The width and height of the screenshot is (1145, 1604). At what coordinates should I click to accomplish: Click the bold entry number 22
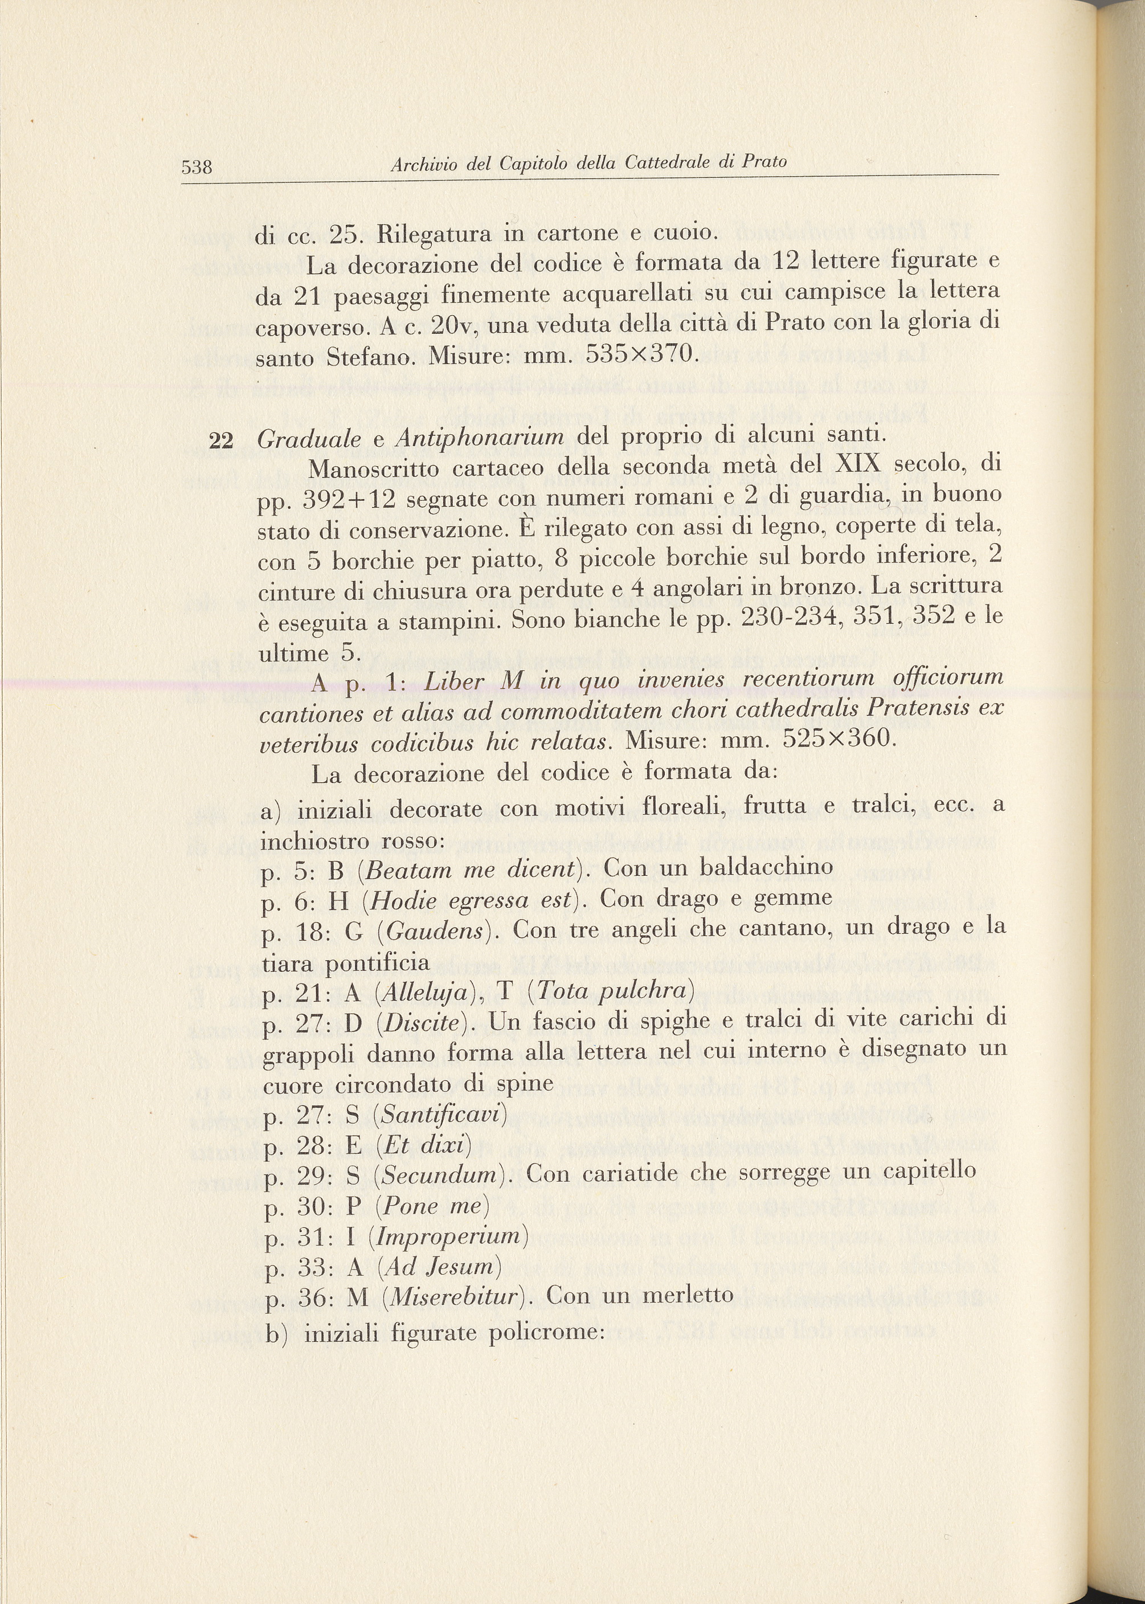(222, 440)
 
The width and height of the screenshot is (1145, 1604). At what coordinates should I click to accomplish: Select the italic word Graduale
(309, 439)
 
